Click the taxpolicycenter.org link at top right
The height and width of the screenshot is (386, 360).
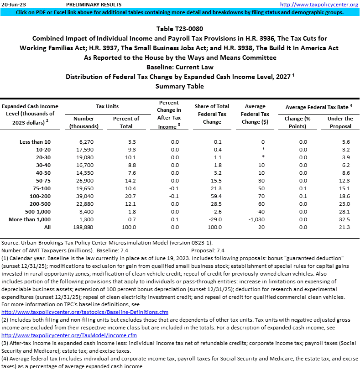319,5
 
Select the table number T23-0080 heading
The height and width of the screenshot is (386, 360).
180,29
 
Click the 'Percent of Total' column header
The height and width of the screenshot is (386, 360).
126,122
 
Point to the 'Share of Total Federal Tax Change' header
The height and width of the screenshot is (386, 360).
212,114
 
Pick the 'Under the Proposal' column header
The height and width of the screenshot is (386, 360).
340,122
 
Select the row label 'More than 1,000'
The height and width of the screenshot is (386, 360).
30,219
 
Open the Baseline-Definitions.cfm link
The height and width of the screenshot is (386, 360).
85,312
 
